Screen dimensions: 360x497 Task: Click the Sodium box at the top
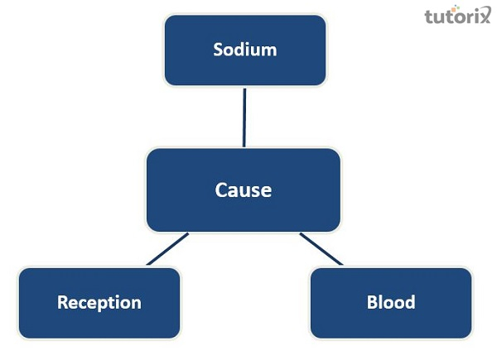(244, 50)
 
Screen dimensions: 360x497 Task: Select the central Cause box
(243, 190)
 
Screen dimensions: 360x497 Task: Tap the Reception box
(99, 302)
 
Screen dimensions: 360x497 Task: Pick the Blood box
(390, 302)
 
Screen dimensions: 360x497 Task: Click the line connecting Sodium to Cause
(244, 117)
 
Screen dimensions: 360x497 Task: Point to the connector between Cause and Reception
(168, 249)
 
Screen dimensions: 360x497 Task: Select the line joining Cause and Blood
(321, 249)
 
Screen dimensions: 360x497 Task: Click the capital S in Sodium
(219, 50)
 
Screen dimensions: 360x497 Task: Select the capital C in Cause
(221, 190)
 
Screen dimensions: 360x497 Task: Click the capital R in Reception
(62, 302)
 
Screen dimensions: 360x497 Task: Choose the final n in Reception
(136, 303)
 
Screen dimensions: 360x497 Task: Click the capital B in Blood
(372, 302)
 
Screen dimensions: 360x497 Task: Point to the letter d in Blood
(409, 302)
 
